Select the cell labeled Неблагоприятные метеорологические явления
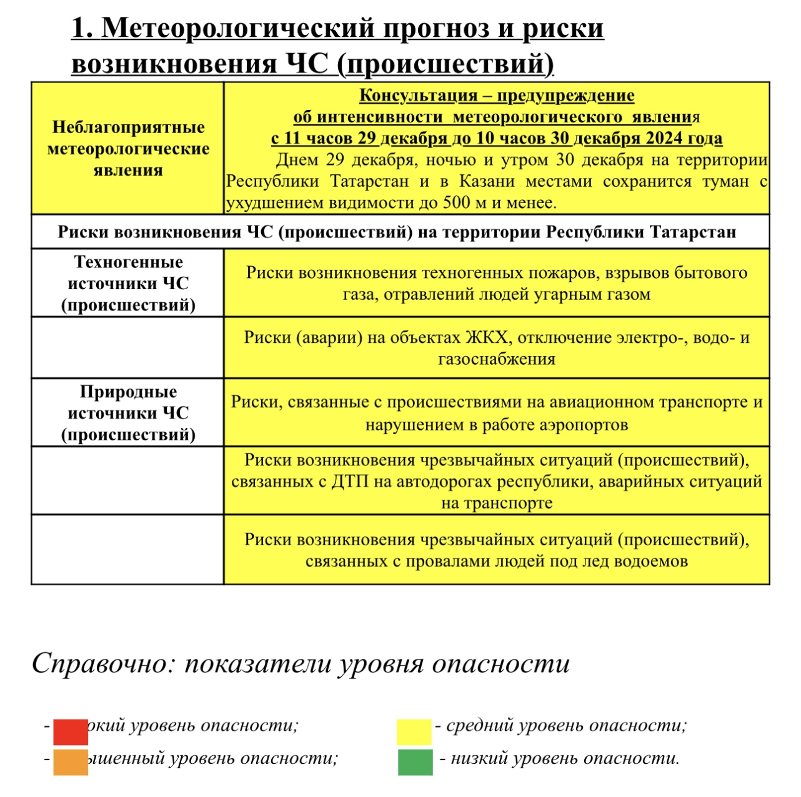(x=128, y=149)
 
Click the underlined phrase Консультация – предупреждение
(x=497, y=96)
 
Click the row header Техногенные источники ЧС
(x=128, y=283)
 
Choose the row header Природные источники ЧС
(x=128, y=413)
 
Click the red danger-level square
(x=70, y=731)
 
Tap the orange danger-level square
(x=70, y=761)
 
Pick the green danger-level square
(x=415, y=761)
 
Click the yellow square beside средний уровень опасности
(x=414, y=731)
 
